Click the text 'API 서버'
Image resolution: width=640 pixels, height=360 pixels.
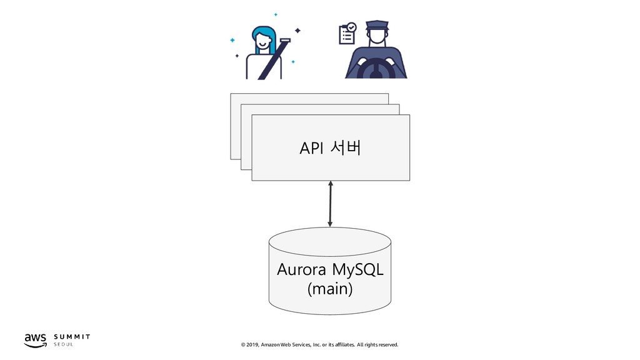pos(330,147)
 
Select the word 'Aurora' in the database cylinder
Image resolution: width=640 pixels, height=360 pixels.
pos(301,269)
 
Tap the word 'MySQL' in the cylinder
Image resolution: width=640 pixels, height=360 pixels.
pos(357,270)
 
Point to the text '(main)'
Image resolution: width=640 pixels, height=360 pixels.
pos(330,289)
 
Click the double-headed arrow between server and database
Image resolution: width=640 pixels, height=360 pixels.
pos(330,204)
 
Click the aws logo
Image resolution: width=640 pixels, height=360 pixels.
pos(36,341)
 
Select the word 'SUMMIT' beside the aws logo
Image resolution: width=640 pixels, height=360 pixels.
pos(72,337)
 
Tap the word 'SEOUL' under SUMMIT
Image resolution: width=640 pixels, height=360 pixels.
pos(63,344)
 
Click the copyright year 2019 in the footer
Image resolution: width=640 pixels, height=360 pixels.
pos(252,345)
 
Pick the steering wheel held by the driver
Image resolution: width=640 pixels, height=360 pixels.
pos(376,67)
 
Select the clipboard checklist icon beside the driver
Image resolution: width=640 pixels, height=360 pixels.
pos(347,34)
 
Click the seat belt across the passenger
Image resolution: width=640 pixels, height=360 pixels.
pos(272,60)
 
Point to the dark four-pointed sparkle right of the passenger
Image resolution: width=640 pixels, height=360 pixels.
pos(297,30)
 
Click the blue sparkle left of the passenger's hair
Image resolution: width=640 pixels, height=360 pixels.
pos(232,40)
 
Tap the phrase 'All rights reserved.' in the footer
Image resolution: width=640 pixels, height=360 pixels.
pos(377,345)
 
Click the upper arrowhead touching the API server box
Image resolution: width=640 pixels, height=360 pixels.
pos(331,183)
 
